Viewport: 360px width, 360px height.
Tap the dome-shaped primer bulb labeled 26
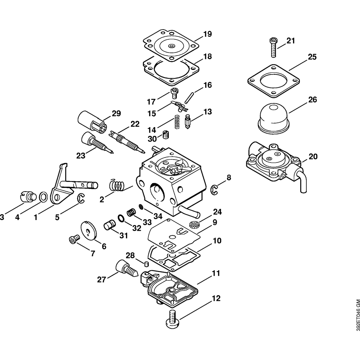pyautogui.click(x=274, y=116)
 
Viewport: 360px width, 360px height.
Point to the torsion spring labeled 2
pyautogui.click(x=117, y=185)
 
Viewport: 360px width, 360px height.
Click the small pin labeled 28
pyautogui.click(x=147, y=264)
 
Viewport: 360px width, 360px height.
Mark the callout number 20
pyautogui.click(x=313, y=157)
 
